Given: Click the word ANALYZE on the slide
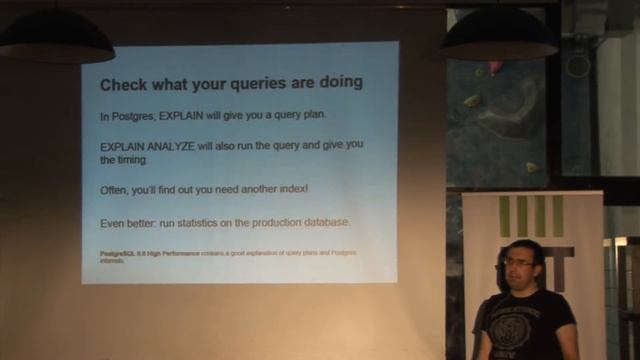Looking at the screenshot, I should (178, 145).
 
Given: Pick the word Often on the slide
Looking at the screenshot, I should (116, 190).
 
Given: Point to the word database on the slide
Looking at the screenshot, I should (347, 222).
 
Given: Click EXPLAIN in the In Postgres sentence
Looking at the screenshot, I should (185, 115).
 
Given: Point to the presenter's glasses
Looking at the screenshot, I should (518, 262).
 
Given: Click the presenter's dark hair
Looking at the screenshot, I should (521, 247).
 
